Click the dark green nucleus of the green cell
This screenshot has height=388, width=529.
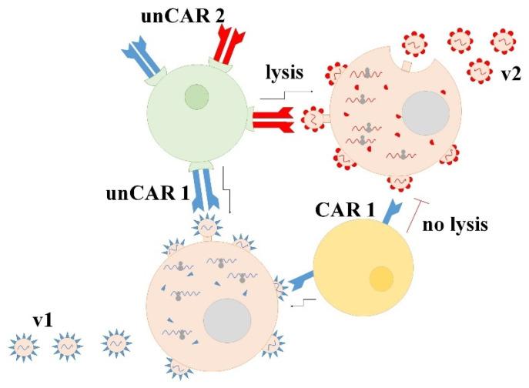coord(197,98)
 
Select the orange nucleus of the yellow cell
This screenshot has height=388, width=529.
coord(381,278)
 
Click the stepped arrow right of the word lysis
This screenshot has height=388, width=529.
coord(286,94)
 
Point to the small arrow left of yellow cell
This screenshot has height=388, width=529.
coord(302,303)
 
